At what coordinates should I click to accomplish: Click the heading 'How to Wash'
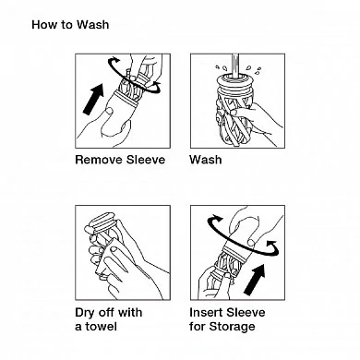point(70,25)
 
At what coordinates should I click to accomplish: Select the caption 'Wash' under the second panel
point(206,160)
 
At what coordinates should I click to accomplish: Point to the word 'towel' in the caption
point(102,326)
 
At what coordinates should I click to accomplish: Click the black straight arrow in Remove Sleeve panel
point(93,99)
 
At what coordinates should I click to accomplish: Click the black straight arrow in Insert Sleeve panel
point(255,280)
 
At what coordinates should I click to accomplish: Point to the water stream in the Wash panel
point(235,65)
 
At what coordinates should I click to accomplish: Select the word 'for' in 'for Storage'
point(198,326)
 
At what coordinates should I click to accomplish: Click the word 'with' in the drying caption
point(130,312)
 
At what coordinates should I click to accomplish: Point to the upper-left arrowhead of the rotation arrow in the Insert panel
point(218,219)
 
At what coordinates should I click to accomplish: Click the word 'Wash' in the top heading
point(92,25)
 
